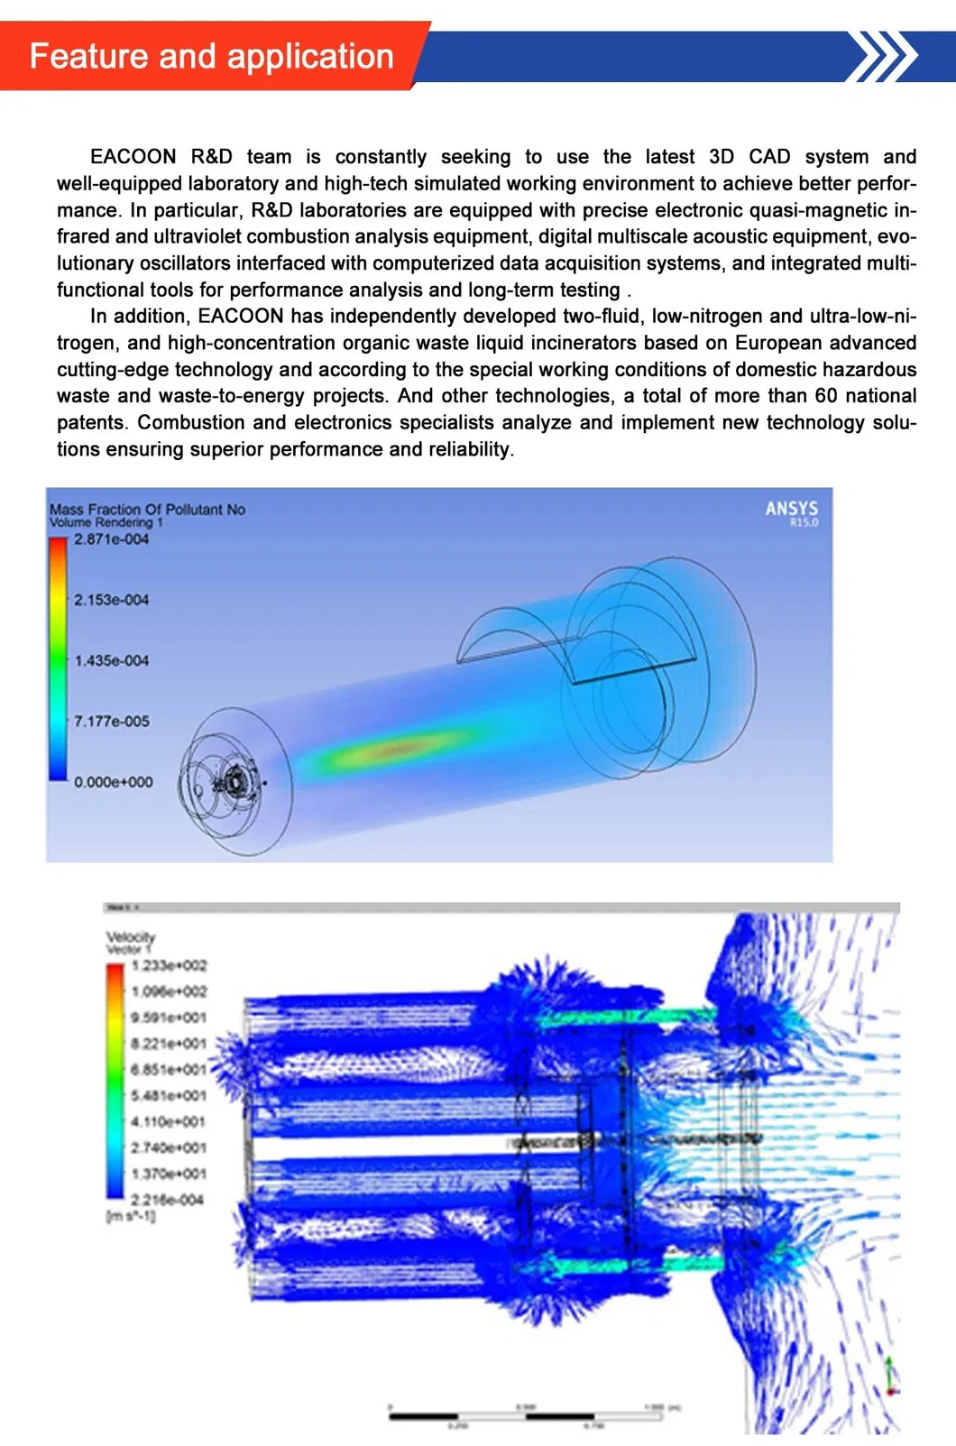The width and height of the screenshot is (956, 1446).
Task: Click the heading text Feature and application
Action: pos(212,56)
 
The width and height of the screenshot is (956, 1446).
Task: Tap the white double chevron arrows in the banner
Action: pos(885,56)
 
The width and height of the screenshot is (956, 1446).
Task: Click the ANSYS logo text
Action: pos(791,509)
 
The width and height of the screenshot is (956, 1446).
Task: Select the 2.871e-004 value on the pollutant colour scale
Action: pos(111,539)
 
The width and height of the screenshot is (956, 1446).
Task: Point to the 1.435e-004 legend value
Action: pos(111,661)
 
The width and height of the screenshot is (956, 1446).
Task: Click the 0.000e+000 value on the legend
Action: pos(113,782)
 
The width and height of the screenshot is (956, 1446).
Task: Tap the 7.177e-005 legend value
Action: pos(111,722)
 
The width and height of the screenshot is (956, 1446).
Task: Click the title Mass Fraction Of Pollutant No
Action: pos(147,509)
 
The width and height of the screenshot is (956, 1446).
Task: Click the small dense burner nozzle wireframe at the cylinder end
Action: pos(236,778)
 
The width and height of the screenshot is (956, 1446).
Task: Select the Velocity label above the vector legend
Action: pos(131,937)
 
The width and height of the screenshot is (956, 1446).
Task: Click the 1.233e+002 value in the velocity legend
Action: pos(169,965)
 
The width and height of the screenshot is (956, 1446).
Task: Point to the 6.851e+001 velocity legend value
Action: pos(169,1070)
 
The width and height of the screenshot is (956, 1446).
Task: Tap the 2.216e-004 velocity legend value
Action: pos(167,1200)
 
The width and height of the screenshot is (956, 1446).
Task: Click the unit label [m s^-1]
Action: pos(131,1216)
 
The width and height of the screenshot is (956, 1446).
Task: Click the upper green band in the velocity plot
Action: pos(622,1018)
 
